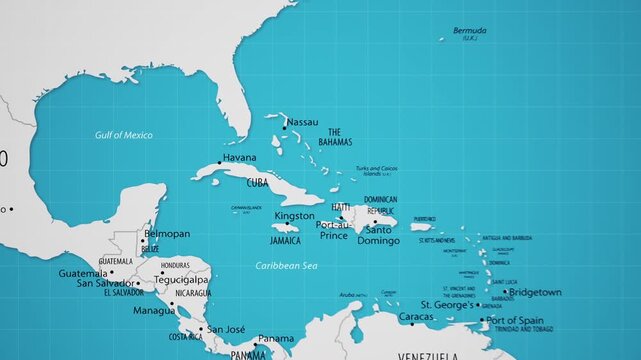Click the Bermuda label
470,31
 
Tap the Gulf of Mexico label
124,135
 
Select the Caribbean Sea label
285,265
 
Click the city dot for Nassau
284,128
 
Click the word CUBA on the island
257,183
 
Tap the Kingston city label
294,216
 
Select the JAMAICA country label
285,241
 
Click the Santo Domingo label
377,235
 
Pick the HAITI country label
341,207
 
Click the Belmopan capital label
167,234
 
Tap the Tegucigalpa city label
181,280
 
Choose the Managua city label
154,311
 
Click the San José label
226,329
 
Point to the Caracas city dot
412,323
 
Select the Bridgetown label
535,293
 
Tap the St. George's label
446,304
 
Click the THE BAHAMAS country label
335,137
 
